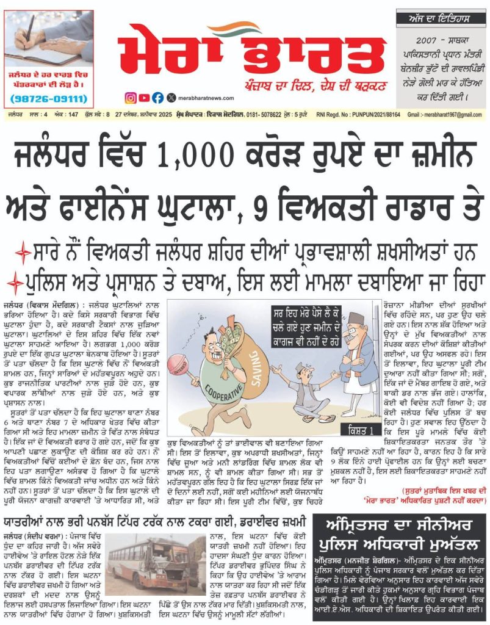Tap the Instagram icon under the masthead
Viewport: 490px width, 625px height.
tap(131, 98)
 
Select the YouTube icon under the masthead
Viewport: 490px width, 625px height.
tap(144, 98)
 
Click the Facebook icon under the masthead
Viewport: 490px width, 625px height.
tap(157, 98)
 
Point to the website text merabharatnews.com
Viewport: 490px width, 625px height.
tap(205, 98)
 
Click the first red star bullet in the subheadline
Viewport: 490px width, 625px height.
tap(23, 251)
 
